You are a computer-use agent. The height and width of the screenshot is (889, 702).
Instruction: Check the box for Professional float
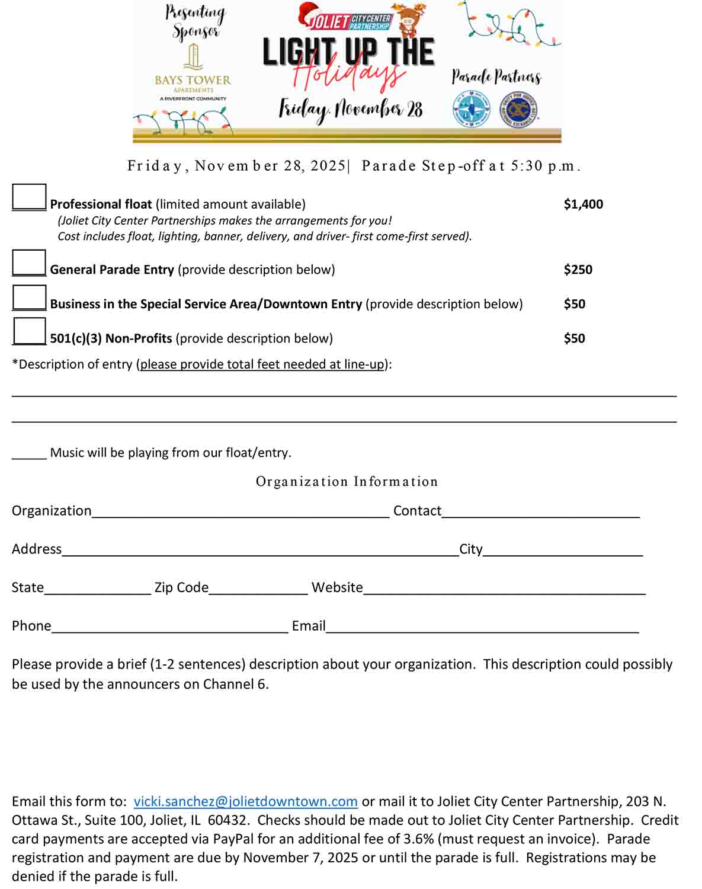pyautogui.click(x=29, y=197)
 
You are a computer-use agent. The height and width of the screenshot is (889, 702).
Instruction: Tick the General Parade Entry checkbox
pyautogui.click(x=29, y=263)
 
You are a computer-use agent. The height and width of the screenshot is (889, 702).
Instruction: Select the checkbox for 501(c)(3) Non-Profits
pyautogui.click(x=29, y=331)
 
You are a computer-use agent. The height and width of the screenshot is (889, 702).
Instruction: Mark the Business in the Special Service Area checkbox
pyautogui.click(x=29, y=298)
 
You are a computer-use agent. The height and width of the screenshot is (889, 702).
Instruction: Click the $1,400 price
pyautogui.click(x=583, y=204)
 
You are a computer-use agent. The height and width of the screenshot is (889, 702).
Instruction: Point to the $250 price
pyautogui.click(x=578, y=270)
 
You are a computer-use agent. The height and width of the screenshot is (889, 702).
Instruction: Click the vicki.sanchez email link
pyautogui.click(x=245, y=802)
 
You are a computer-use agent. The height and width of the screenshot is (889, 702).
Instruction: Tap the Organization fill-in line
pyautogui.click(x=240, y=513)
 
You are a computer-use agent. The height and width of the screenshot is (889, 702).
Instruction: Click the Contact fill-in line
pyautogui.click(x=540, y=513)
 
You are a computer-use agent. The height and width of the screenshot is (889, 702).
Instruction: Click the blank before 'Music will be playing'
pyautogui.click(x=29, y=455)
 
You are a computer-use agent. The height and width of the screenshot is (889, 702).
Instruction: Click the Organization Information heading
pyautogui.click(x=347, y=482)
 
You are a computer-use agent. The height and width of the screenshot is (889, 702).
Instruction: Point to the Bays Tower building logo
pyautogui.click(x=193, y=57)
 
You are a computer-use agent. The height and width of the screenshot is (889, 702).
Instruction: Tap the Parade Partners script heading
pyautogui.click(x=496, y=77)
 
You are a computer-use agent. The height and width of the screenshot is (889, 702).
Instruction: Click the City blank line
pyautogui.click(x=562, y=551)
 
